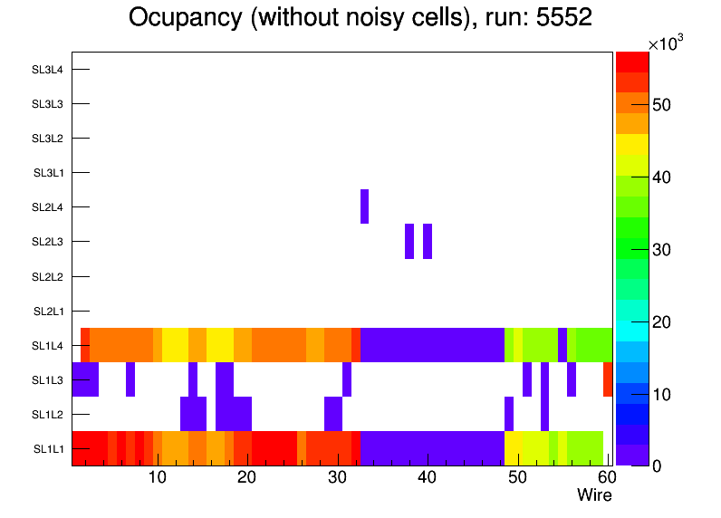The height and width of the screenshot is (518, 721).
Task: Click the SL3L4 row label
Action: (47, 69)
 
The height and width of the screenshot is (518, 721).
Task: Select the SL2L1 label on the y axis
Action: (49, 311)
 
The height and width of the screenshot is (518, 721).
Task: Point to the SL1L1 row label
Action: (49, 449)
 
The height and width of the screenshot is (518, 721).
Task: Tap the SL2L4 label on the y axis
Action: (47, 207)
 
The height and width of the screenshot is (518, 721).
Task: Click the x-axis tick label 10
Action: (157, 478)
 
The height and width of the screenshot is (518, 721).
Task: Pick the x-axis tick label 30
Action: (337, 478)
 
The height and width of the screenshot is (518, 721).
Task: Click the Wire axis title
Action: (594, 495)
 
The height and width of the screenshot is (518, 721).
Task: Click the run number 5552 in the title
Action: (563, 18)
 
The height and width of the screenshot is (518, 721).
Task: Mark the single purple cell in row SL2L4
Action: (365, 206)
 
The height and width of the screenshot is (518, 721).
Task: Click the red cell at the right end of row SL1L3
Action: (608, 379)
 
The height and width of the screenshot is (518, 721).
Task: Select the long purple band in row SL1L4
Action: (432, 345)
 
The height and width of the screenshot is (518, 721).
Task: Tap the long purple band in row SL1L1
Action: (432, 448)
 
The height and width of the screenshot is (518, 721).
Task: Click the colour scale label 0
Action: (655, 465)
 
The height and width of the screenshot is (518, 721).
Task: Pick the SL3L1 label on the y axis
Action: (49, 173)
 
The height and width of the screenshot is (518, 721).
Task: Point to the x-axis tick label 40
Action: (427, 478)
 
